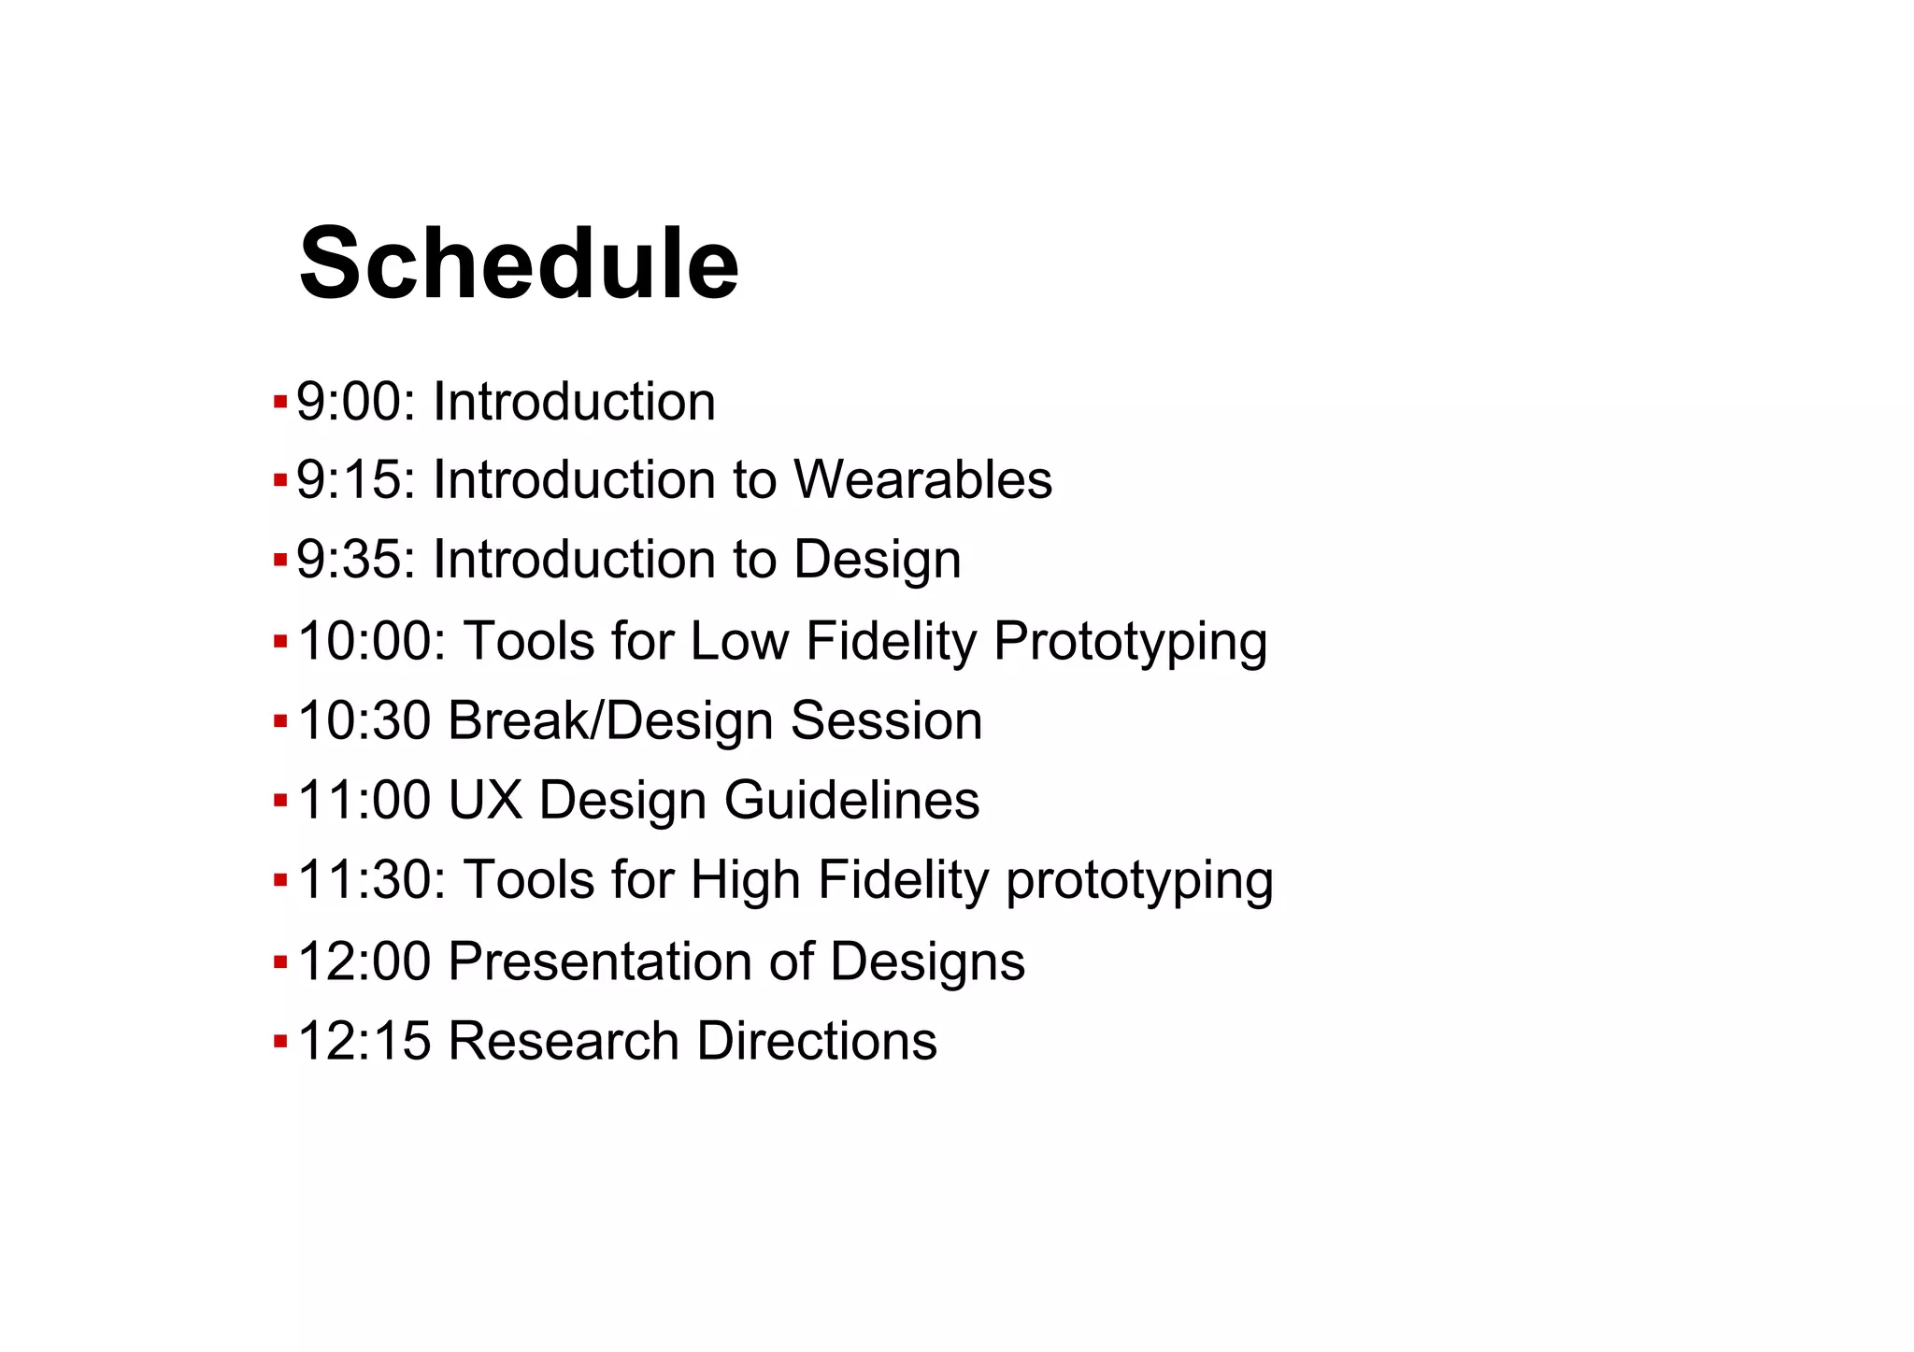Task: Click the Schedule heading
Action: click(519, 264)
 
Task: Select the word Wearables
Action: click(922, 480)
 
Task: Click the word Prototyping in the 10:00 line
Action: click(1130, 643)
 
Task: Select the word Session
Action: click(886, 721)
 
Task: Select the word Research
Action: click(564, 1041)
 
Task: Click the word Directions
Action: click(817, 1041)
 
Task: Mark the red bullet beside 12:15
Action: click(279, 1041)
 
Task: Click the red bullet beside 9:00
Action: click(279, 403)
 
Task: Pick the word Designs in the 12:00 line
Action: click(927, 963)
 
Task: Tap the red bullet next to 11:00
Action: click(279, 801)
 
